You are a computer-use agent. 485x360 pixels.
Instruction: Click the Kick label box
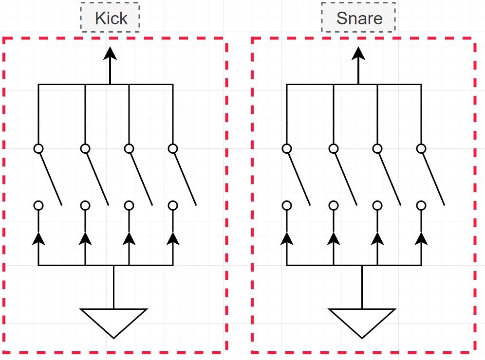pos(110,18)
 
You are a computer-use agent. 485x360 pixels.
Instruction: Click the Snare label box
pos(358,18)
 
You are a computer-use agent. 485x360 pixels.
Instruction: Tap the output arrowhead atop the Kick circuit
pos(110,53)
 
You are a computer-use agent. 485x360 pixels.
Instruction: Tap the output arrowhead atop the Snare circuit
pos(358,53)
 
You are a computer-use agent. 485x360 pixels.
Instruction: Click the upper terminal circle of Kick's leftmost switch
pos(38,149)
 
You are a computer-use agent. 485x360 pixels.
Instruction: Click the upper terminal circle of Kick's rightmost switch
pos(172,149)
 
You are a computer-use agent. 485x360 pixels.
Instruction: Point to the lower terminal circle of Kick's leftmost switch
pos(38,205)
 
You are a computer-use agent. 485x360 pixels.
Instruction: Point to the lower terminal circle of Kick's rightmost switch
pos(172,205)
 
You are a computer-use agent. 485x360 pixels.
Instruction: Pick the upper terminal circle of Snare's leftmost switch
pos(287,149)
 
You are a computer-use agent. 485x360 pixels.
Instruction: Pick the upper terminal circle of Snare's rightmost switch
pos(421,149)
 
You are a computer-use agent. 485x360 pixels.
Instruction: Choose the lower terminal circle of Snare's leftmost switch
pos(287,205)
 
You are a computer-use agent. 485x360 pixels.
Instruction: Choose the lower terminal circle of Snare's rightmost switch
pos(421,205)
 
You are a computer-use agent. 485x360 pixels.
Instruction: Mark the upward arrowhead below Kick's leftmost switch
pos(38,238)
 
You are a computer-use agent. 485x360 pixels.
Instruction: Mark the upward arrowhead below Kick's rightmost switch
pos(172,238)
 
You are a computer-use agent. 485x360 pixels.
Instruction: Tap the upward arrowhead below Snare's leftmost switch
pos(287,238)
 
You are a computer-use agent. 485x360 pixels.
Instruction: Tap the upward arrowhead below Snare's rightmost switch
pos(421,238)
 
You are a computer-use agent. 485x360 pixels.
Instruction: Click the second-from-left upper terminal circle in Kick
pos(85,149)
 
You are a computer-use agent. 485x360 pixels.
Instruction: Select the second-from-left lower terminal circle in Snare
pos(334,205)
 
